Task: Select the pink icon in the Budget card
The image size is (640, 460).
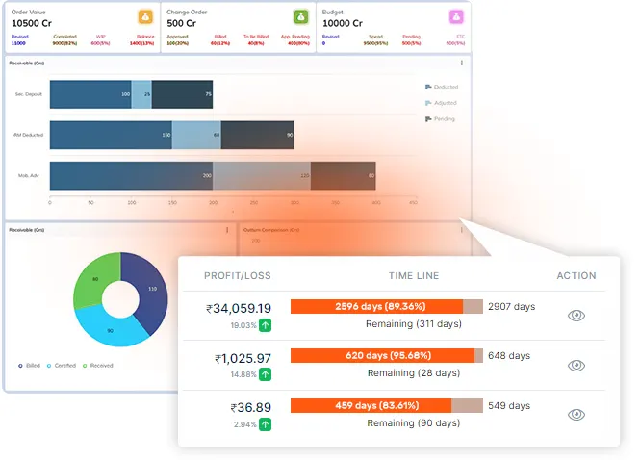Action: coord(455,16)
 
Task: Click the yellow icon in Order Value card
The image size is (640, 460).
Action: coord(144,16)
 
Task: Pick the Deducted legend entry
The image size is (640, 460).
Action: coord(442,87)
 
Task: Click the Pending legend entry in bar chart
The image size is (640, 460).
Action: coord(441,118)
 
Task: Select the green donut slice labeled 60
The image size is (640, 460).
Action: coord(96,280)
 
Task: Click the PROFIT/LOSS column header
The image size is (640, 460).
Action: coord(237,276)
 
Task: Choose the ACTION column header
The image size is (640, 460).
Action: coord(576,276)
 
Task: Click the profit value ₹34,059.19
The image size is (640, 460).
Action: coord(238,309)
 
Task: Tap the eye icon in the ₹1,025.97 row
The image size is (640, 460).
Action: coord(576,366)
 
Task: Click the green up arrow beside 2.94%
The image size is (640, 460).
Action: coord(265,424)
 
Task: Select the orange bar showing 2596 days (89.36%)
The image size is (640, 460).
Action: coord(376,306)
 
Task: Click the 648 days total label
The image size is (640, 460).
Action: coord(509,356)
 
